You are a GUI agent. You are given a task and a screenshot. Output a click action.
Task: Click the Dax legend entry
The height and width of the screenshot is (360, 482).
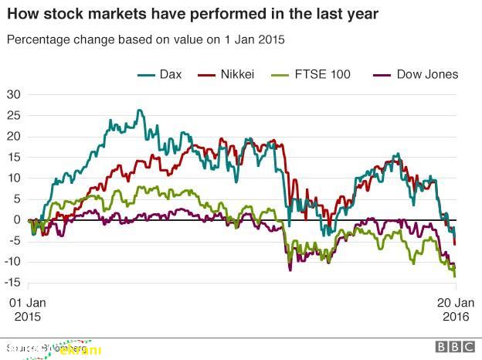coord(171,74)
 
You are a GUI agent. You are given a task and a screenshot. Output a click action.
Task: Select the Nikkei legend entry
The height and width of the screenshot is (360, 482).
coord(237,74)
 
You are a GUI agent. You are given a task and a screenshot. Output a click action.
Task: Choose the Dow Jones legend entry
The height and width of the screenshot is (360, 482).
coord(427,74)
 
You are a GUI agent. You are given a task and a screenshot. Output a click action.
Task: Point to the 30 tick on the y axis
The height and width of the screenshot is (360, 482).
coord(13,95)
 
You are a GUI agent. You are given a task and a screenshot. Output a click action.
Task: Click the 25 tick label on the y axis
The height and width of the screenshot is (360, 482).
coord(13,116)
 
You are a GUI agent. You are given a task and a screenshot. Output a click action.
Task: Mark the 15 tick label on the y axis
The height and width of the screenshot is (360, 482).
coord(13,158)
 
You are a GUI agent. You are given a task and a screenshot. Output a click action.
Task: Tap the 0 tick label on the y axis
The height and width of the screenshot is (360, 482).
coord(17,220)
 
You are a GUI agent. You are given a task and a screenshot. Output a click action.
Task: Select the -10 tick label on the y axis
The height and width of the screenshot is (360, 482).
coord(12,261)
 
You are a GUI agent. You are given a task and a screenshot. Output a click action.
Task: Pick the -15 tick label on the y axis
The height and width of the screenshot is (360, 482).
coord(12,282)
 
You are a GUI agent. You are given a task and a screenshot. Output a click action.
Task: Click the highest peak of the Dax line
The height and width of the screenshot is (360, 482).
coord(139,110)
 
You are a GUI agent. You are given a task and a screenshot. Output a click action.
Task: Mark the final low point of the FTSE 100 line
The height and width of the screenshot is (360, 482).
coord(454,276)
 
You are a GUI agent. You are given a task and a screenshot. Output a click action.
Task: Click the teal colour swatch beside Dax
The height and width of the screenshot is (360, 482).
coord(146,75)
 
